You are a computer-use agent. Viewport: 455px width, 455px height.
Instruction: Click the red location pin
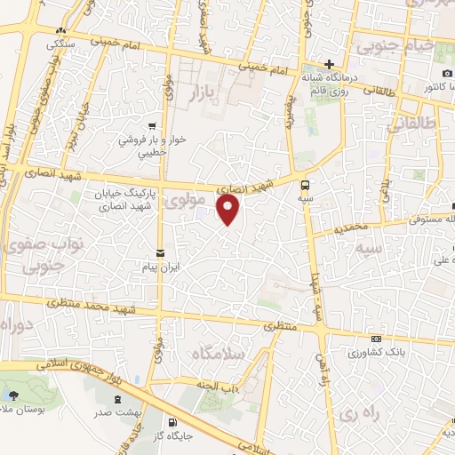229,210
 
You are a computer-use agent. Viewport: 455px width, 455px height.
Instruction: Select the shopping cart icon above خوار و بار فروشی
154,125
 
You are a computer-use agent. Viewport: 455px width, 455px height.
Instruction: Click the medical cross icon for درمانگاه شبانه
329,65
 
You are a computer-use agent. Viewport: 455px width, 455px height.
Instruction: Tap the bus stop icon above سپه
306,187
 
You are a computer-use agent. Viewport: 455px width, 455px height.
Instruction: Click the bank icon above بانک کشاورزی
377,339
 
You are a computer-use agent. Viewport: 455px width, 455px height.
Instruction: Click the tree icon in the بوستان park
11,395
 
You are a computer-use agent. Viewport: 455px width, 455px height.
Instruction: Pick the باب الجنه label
220,385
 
